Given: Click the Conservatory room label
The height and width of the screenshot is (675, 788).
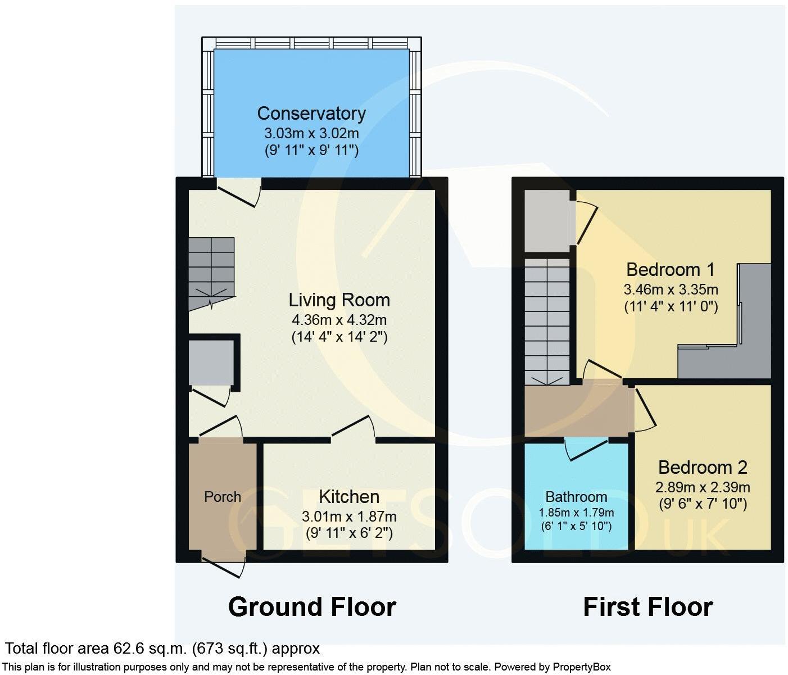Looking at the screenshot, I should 311,114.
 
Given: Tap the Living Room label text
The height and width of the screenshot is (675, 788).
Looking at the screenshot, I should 339,300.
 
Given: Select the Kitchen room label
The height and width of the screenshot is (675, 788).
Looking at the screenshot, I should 348,497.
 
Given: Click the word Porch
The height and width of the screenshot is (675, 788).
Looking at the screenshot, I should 223,497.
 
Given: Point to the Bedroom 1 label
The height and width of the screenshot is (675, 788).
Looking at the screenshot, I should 670,270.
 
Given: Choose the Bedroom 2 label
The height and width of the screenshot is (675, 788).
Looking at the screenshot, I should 703,468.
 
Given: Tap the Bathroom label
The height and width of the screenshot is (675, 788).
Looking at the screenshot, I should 576,497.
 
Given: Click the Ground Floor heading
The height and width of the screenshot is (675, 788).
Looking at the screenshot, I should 312,607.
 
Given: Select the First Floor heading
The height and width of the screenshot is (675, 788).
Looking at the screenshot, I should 647,607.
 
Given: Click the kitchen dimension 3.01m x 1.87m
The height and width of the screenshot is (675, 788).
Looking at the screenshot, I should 348,516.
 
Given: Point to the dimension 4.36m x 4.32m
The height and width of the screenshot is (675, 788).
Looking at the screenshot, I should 339,320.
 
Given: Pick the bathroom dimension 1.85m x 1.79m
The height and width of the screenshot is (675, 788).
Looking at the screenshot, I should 576,513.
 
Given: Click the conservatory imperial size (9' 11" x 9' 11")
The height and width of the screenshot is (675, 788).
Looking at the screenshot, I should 311,151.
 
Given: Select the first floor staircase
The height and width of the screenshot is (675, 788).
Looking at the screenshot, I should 547,320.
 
